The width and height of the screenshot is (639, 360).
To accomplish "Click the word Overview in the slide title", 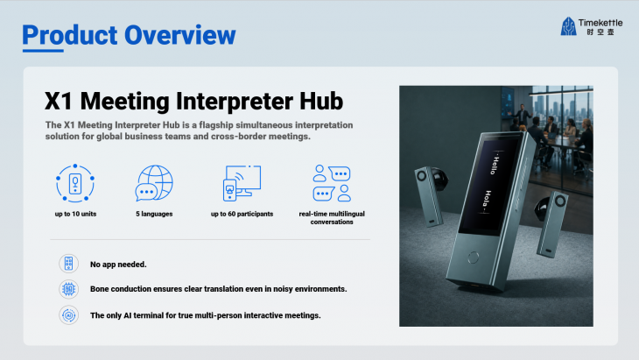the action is (x=179, y=35).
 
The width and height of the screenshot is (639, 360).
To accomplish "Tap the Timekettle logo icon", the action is (x=568, y=26).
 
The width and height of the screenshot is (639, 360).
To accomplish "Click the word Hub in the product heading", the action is (x=321, y=101).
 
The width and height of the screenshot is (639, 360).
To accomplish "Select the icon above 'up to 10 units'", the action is (x=75, y=183).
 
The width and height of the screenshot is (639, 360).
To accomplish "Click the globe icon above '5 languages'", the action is (x=154, y=183).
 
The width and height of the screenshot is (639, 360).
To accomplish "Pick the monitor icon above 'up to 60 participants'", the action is (x=242, y=183).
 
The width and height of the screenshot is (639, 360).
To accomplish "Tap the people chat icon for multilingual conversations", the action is (x=332, y=183).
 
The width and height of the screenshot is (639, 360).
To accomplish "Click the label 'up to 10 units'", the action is (x=76, y=214).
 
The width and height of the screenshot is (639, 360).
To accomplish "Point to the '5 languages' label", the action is (x=154, y=214).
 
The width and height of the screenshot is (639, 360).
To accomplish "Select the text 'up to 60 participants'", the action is (x=242, y=214).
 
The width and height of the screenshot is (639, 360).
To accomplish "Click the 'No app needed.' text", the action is (x=118, y=265).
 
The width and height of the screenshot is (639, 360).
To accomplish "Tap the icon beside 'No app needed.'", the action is (x=68, y=264).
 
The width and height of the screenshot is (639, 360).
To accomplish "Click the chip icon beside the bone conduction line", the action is (x=68, y=289).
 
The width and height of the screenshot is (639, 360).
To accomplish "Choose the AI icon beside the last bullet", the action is (x=68, y=315).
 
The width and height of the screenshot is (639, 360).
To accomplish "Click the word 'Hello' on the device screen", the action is (x=495, y=165).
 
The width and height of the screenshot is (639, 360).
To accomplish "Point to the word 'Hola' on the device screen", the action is (x=487, y=200).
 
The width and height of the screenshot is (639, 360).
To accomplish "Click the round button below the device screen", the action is (x=474, y=258).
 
